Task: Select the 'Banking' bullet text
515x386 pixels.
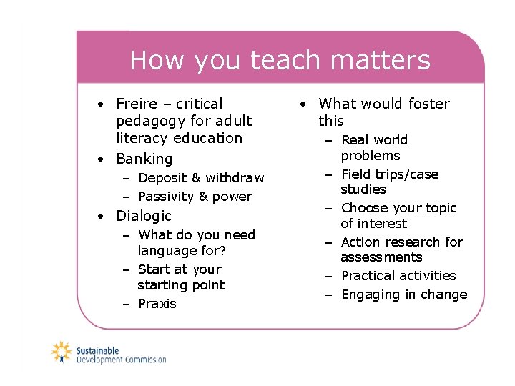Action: (144, 159)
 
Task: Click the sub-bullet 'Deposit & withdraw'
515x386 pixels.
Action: (201, 178)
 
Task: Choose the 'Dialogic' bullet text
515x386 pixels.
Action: (144, 216)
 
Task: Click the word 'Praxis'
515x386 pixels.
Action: (157, 304)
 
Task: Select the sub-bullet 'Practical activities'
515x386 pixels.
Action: (398, 276)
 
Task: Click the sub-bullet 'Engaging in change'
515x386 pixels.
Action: (403, 295)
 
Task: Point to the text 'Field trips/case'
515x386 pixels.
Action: (390, 174)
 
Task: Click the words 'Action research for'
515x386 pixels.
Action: (402, 242)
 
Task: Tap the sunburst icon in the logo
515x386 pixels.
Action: (62, 352)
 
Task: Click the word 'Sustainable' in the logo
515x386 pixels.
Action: (98, 350)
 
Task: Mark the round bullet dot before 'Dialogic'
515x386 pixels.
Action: (103, 216)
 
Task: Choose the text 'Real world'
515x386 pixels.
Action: (374, 140)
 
